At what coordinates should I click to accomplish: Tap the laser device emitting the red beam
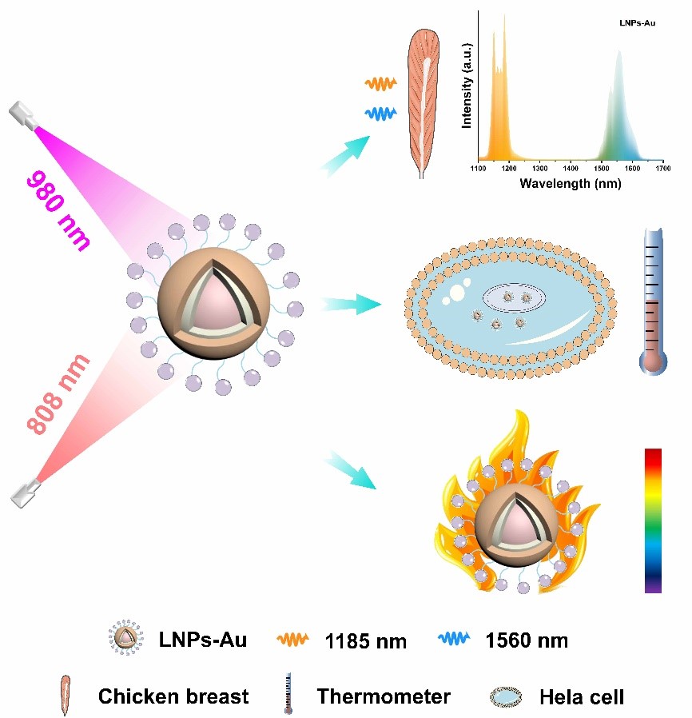[26, 490]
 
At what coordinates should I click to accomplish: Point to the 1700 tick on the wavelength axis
[662, 169]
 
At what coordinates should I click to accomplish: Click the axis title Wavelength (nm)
[570, 183]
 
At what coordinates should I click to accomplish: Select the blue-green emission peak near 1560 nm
[621, 112]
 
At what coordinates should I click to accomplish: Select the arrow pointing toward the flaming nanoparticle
[349, 472]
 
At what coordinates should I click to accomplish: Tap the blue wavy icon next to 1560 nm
[457, 640]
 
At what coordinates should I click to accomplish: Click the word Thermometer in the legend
[384, 696]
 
